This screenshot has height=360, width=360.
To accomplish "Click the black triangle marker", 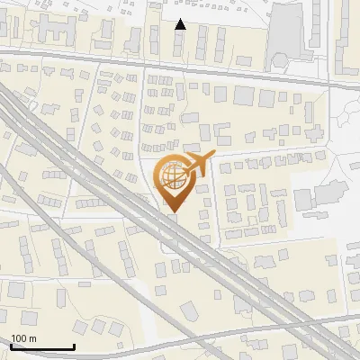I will click(181, 24).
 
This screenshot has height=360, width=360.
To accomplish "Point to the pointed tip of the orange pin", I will click(171, 211).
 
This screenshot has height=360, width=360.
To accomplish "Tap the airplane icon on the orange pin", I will click(195, 166).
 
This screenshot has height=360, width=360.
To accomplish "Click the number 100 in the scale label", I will click(19, 338).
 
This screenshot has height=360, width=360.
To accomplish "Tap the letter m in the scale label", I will click(31, 338).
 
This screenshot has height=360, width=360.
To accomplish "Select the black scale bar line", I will click(40, 346).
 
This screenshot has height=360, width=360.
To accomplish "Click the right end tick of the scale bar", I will click(73, 345).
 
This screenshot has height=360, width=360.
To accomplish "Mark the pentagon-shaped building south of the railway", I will click(190, 311).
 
